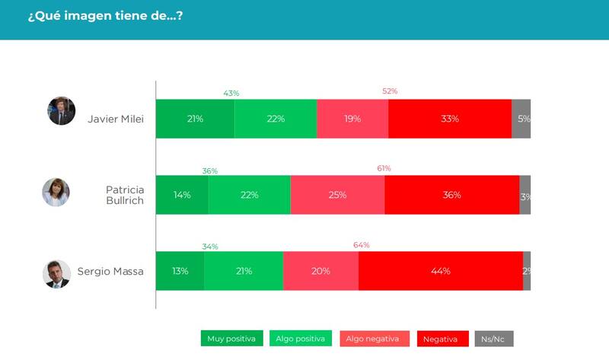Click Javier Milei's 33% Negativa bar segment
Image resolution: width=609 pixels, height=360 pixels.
pos(449,119)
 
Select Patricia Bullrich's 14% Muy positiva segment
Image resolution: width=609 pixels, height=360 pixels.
pos(182,195)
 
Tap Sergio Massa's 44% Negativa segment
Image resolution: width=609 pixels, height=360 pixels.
pos(440,271)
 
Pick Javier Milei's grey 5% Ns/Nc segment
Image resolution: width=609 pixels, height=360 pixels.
pos(521,119)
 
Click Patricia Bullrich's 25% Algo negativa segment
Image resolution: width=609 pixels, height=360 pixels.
pos(337,195)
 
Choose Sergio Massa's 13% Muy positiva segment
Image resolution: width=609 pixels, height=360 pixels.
pos(180,271)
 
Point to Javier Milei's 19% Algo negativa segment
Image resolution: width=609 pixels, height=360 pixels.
pos(352,119)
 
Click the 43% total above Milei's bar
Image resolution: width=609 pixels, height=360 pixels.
pos(231,93)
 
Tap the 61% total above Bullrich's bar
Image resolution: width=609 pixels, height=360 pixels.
pos(384,169)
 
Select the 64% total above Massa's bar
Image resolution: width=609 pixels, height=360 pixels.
pos(361,245)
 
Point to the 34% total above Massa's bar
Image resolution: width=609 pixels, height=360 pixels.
pos(210,247)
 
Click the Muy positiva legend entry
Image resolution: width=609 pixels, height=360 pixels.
pos(233,339)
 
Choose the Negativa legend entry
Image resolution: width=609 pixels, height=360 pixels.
pos(442,339)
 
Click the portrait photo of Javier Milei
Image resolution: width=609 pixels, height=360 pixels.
pos(62,111)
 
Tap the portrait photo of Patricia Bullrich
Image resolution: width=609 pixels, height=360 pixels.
pos(56,193)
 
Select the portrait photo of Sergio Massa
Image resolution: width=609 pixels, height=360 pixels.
pos(56,274)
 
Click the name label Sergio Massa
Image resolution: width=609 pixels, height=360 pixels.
pos(110,272)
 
